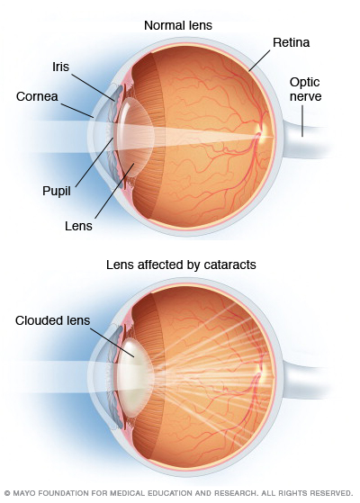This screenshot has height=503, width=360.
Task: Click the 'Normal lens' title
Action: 178,25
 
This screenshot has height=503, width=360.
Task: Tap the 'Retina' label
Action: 291,42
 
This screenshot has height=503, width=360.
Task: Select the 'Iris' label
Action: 60,67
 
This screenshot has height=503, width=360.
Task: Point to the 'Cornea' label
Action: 37,96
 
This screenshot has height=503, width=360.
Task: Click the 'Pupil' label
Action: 57,191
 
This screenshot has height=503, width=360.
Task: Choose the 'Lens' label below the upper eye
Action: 78,226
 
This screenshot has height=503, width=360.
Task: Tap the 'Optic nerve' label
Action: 305,89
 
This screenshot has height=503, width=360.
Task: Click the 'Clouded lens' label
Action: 52,320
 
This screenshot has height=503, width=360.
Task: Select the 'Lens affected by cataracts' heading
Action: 181,265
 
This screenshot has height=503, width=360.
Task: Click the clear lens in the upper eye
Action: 135,137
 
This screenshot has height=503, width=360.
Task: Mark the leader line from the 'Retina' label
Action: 259,60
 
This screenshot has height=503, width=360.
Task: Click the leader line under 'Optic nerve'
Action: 301,121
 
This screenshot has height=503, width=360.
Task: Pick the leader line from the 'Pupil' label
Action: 94,162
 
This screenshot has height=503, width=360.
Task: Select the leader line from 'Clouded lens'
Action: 112,342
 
